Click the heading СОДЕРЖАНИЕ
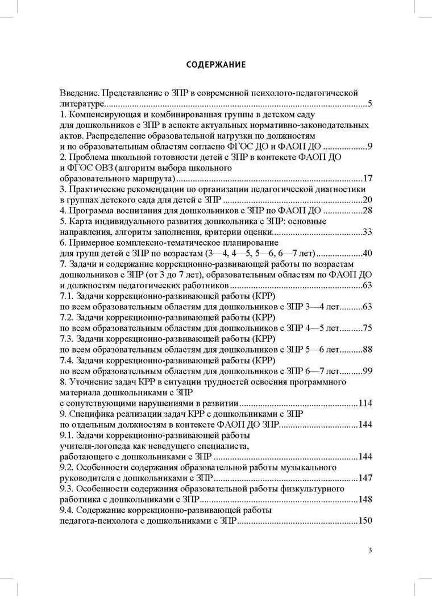(x=216, y=64)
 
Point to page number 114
(x=364, y=403)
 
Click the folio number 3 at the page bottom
(x=370, y=550)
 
